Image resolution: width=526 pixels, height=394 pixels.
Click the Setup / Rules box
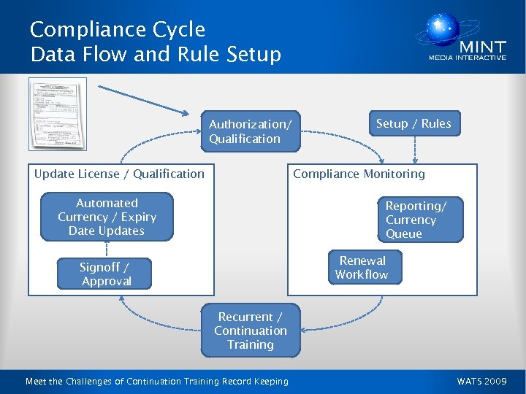tap(413, 124)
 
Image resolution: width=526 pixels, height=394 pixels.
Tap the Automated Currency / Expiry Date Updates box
tap(107, 217)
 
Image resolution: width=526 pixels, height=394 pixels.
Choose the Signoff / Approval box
tap(106, 274)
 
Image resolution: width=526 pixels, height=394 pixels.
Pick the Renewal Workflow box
tap(362, 268)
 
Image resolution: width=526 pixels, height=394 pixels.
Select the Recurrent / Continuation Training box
tap(251, 331)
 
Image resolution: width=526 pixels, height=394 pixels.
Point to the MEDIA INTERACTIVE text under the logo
tap(467, 58)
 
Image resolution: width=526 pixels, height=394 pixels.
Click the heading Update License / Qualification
tap(119, 174)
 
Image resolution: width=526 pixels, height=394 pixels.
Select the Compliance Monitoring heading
tap(359, 174)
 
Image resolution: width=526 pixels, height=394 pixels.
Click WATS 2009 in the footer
tap(481, 381)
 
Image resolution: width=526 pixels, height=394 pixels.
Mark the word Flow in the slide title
tap(107, 55)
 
